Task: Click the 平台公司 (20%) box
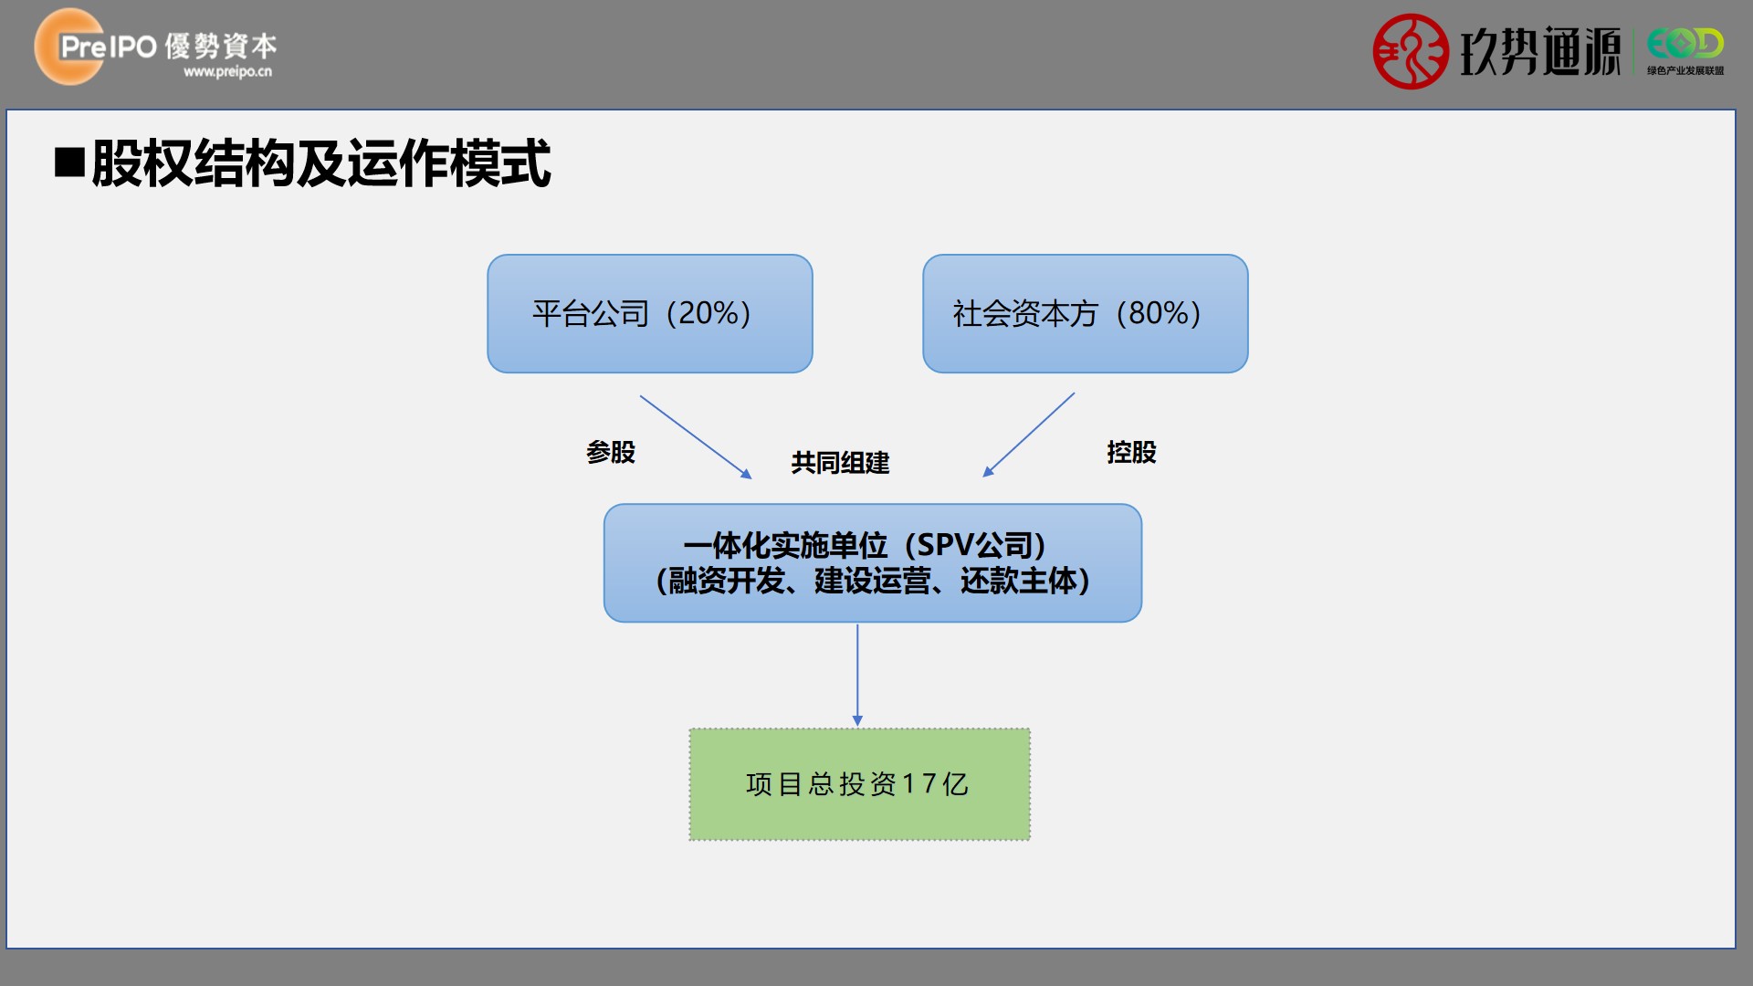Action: click(650, 313)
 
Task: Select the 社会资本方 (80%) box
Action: click(1086, 313)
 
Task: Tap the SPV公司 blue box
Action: click(873, 563)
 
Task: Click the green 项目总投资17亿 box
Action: click(860, 784)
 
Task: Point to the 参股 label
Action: click(611, 452)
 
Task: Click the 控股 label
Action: click(1131, 452)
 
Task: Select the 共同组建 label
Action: click(840, 463)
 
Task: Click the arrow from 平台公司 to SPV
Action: click(696, 436)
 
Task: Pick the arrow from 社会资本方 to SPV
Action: click(1029, 435)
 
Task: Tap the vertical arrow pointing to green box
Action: click(857, 676)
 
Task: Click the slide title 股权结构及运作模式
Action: click(321, 163)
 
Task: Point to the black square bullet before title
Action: click(69, 162)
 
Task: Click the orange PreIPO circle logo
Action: click(69, 47)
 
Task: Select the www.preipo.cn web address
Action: click(227, 71)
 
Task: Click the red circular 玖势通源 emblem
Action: click(1411, 51)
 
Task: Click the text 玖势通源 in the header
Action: click(1539, 51)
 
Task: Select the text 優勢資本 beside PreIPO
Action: click(221, 46)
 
